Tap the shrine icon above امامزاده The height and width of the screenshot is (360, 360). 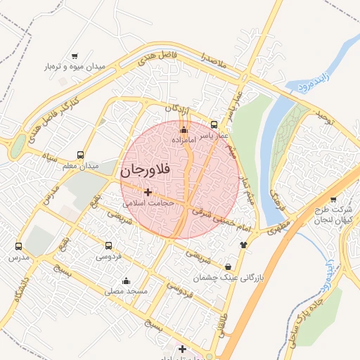pyautogui.click(x=184, y=129)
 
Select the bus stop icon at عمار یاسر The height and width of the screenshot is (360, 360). pyautogui.click(x=214, y=124)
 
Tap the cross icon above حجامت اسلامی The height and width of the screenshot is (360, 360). pyautogui.click(x=148, y=191)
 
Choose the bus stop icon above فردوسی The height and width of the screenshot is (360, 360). pyautogui.click(x=108, y=245)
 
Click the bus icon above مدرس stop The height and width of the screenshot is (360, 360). pyautogui.click(x=18, y=247)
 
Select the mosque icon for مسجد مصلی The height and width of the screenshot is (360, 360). pyautogui.click(x=126, y=281)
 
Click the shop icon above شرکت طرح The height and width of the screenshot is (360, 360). pyautogui.click(x=333, y=199)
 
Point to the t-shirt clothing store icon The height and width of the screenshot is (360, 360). pyautogui.click(x=244, y=245)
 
